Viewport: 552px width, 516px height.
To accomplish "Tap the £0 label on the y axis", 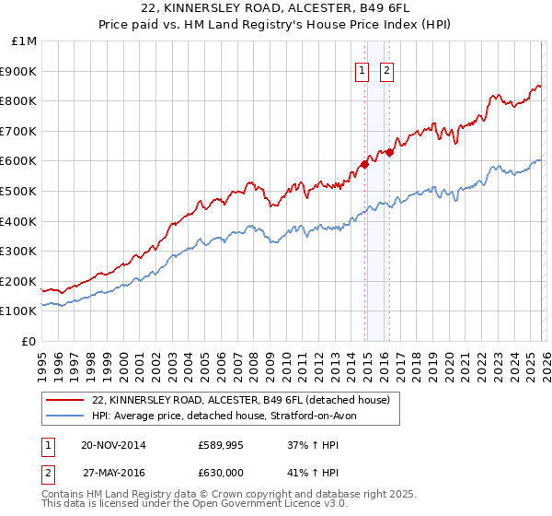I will coord(29,341).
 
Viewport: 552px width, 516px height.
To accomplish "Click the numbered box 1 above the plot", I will coord(362,71).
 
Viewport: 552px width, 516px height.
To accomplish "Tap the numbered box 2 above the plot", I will coord(386,71).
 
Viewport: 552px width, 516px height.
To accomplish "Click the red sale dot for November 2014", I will coord(365,164).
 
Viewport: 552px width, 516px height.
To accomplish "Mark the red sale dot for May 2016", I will coord(389,152).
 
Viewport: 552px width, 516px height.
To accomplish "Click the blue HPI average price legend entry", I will coord(230,416).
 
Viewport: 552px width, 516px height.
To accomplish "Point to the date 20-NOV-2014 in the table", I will coord(113,445).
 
